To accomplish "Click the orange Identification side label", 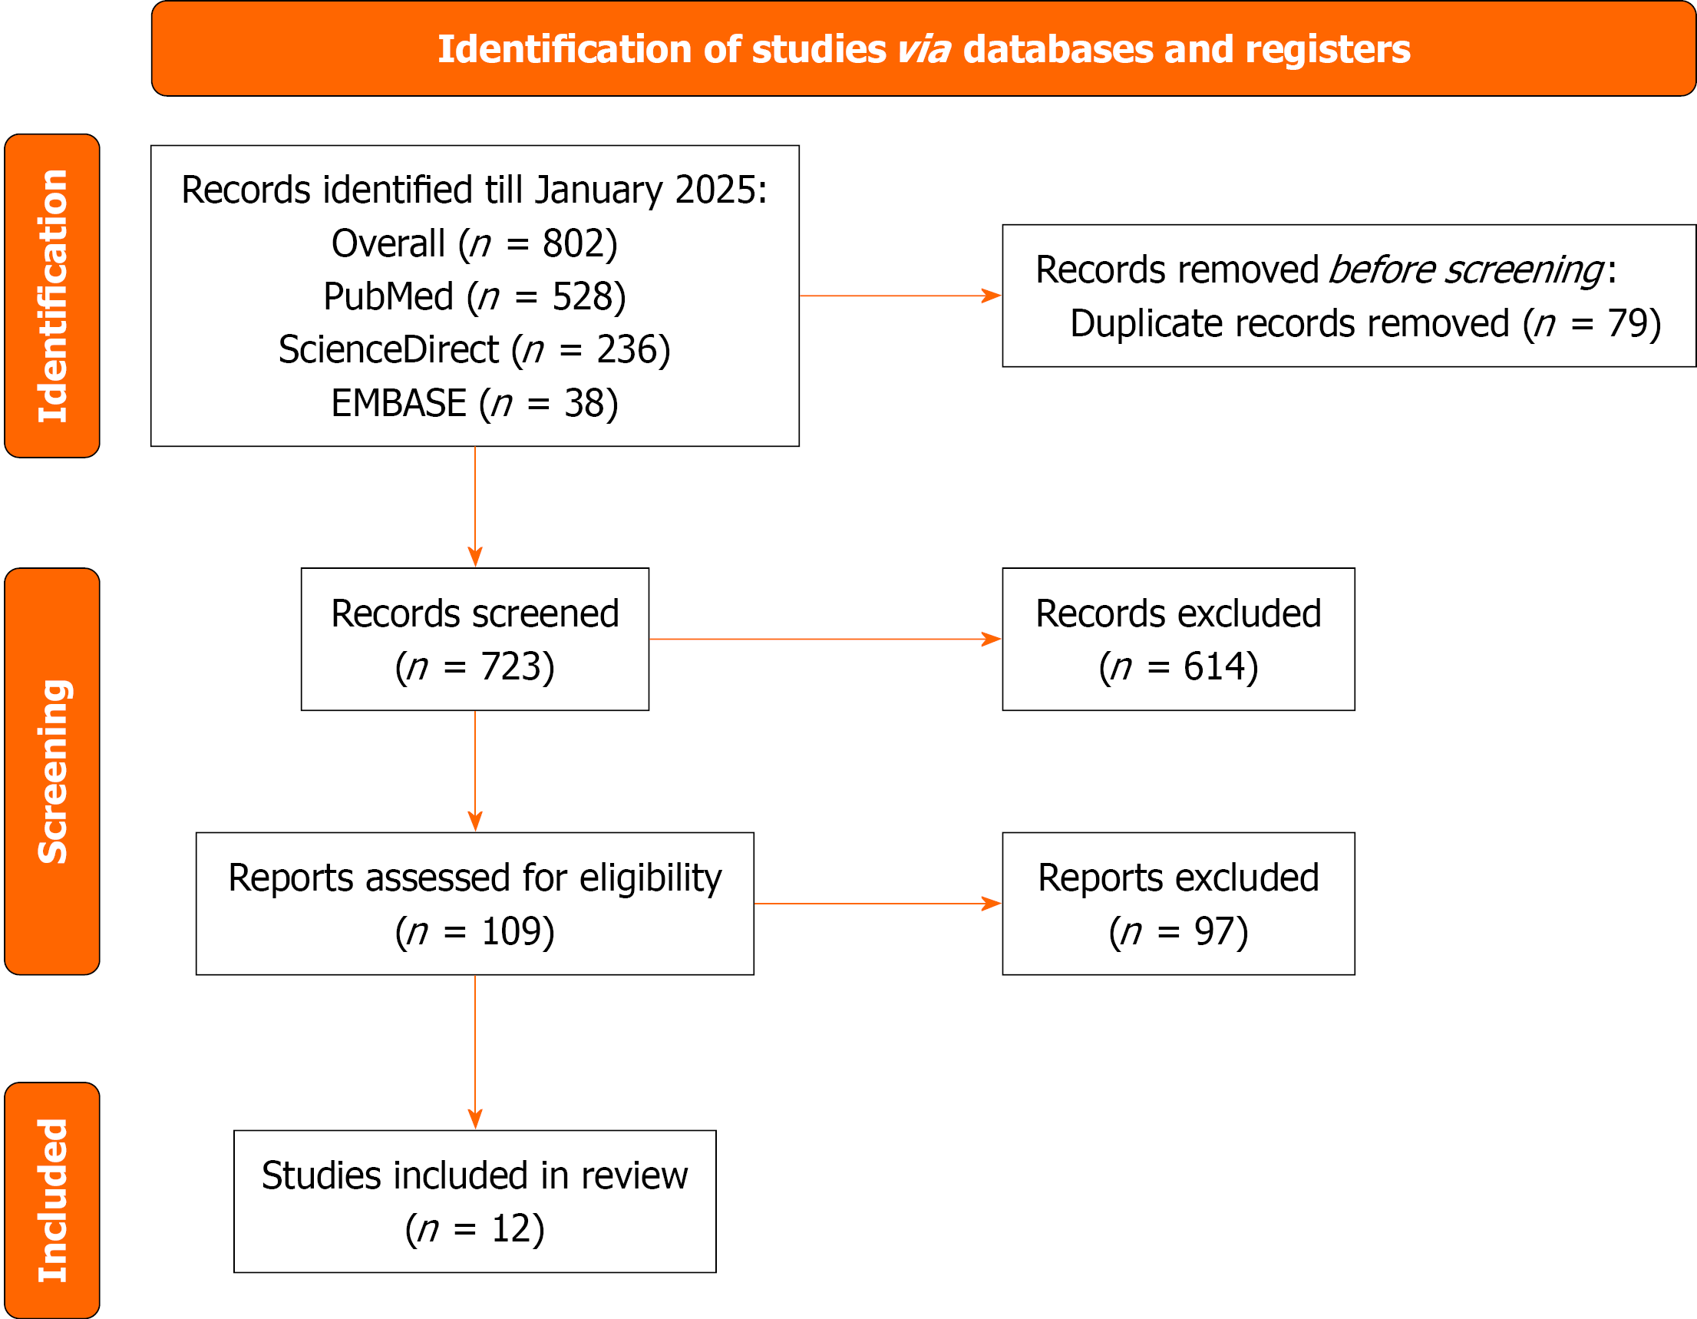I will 52,296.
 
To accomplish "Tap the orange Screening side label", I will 52,771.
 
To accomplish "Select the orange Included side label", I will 52,1199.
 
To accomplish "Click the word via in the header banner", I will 924,50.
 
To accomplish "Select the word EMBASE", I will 398,403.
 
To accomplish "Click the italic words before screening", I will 1465,269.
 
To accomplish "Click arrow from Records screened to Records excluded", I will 824,639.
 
